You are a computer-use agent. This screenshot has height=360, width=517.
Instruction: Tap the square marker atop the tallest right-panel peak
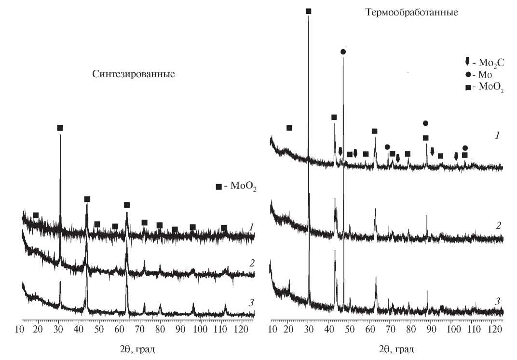(x=309, y=11)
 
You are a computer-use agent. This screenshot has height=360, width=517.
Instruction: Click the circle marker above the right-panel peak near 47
(x=343, y=52)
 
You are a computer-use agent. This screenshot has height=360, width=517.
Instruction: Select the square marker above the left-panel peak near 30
(x=60, y=128)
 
